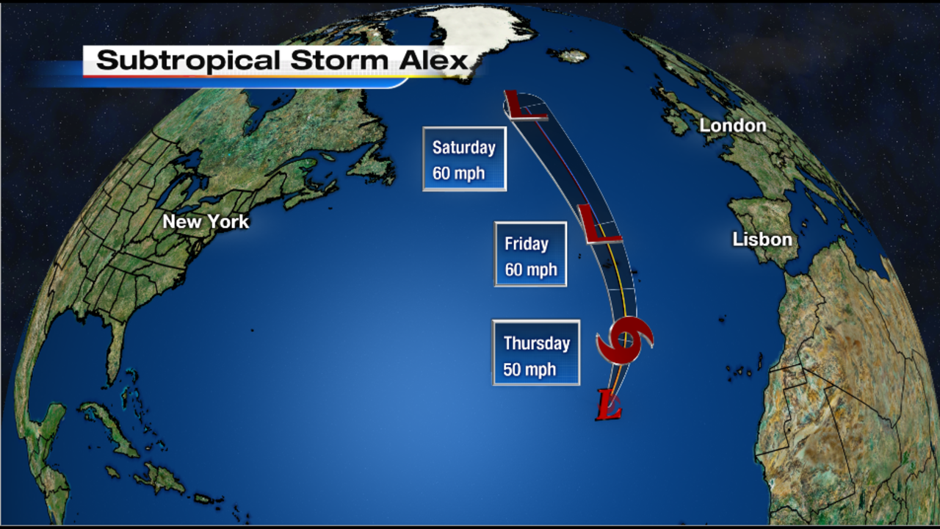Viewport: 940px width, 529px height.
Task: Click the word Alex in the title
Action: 434,61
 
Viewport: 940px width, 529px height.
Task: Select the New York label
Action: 206,221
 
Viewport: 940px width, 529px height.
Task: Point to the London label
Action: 732,126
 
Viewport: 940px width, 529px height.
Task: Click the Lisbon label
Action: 762,240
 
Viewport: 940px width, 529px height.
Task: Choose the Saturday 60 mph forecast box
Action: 464,159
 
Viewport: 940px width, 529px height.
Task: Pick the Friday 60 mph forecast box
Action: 530,254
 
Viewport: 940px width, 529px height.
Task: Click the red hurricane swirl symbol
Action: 624,340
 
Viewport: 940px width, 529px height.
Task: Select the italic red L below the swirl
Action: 610,405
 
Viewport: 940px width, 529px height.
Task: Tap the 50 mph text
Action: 529,370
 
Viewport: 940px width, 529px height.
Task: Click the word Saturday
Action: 463,148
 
